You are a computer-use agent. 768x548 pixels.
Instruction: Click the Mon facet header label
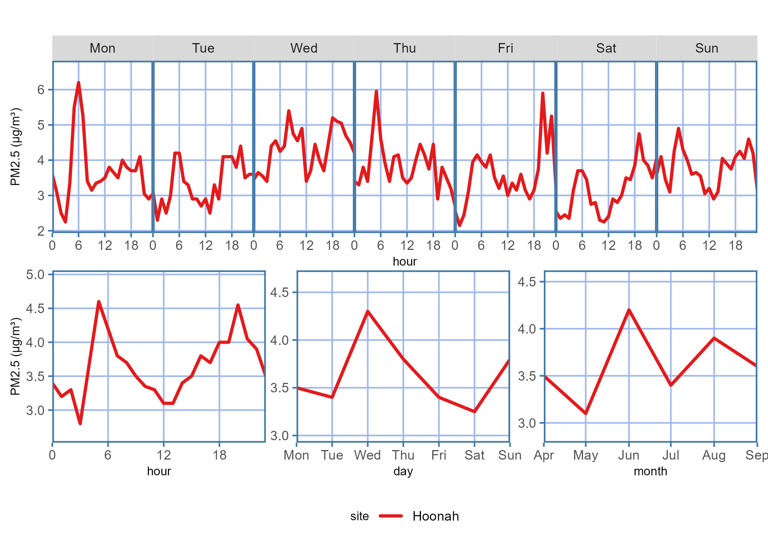102,48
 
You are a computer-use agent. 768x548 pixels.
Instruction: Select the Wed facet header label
304,48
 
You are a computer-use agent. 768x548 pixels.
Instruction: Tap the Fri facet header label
505,48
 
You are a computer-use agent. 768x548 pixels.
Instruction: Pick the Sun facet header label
707,48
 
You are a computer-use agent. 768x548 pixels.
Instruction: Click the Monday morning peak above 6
78,83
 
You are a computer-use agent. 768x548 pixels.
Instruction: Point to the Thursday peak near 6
376,91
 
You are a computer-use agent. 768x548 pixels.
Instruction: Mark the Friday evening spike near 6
543,93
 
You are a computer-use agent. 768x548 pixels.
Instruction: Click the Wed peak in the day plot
368,311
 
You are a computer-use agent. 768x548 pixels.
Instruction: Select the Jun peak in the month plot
629,310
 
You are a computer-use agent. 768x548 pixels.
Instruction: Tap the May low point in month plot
586,414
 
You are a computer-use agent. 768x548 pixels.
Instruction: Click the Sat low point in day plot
474,412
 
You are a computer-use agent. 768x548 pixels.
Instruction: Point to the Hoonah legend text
436,516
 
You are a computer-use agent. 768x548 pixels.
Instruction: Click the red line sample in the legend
391,516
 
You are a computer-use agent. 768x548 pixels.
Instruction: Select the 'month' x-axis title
650,471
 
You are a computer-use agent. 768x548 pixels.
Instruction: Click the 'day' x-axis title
403,471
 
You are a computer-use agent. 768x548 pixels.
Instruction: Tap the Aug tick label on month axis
714,455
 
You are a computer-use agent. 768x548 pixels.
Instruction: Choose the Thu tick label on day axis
403,455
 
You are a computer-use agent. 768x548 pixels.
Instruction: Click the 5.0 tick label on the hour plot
35,274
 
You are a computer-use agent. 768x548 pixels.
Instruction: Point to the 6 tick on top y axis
41,90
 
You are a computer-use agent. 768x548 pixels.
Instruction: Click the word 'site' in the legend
359,516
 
